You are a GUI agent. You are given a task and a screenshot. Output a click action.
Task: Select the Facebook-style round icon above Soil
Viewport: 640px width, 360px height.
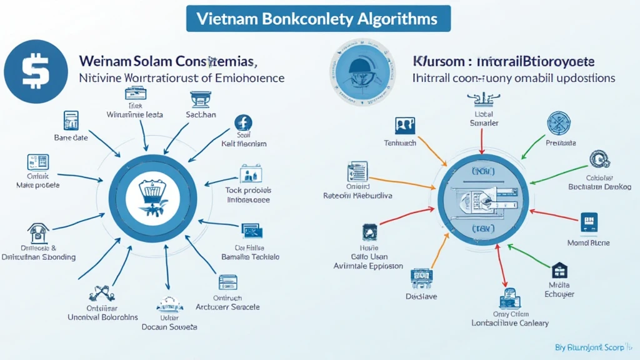[243, 123]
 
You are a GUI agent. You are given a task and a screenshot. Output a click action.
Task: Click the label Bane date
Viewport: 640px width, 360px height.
[71, 137]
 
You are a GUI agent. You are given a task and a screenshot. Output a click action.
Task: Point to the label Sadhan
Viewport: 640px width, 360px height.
[201, 115]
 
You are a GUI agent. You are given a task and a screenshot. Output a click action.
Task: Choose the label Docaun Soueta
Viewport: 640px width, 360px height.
[169, 326]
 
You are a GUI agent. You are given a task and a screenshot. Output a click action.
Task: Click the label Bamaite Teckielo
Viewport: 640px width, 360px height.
[251, 257]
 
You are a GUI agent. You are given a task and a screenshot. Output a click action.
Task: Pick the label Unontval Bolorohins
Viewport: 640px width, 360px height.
[102, 317]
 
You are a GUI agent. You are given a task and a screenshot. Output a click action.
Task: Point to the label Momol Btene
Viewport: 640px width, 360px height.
[588, 242]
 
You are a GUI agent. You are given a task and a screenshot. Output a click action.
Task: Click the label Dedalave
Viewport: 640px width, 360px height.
[421, 296]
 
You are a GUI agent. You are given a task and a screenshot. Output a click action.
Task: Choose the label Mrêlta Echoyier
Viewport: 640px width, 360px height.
[559, 289]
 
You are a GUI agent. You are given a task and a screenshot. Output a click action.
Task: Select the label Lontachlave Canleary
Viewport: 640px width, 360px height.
[510, 323]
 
